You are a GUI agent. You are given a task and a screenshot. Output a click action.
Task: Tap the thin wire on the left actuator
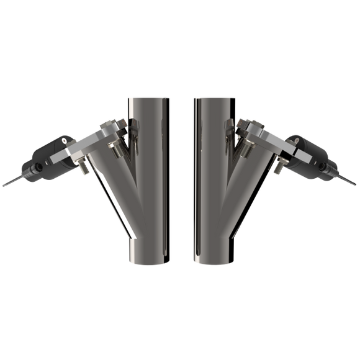(10, 184)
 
